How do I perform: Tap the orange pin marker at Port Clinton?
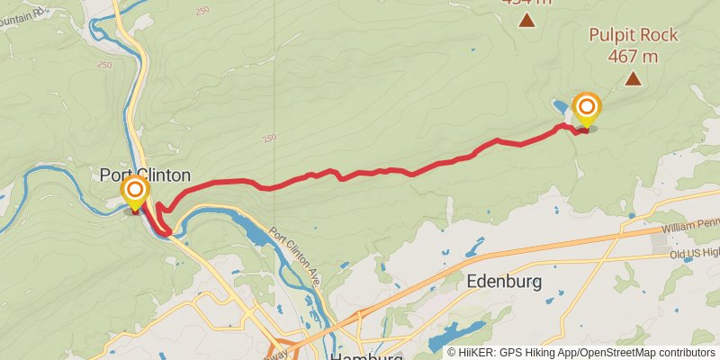(135, 192)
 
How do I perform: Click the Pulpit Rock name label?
(634, 36)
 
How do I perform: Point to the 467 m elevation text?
(634, 56)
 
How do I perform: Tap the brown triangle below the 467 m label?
(634, 79)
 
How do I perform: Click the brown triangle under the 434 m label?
(526, 22)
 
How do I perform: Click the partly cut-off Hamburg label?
(366, 355)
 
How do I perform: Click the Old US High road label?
(694, 255)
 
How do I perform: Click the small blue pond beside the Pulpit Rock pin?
(561, 108)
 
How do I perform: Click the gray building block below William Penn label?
(660, 241)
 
